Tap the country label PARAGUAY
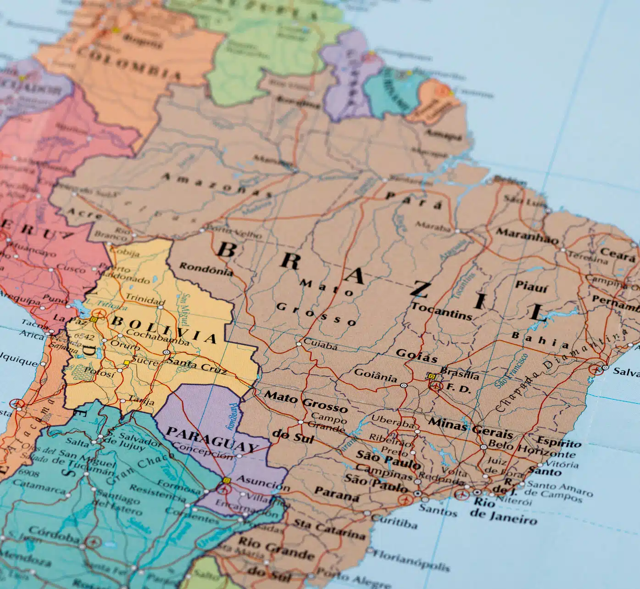click(212, 439)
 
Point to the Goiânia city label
click(376, 377)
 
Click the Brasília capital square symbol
click(431, 376)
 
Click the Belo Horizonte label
click(532, 448)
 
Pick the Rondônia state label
click(206, 268)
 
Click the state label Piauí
click(531, 286)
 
